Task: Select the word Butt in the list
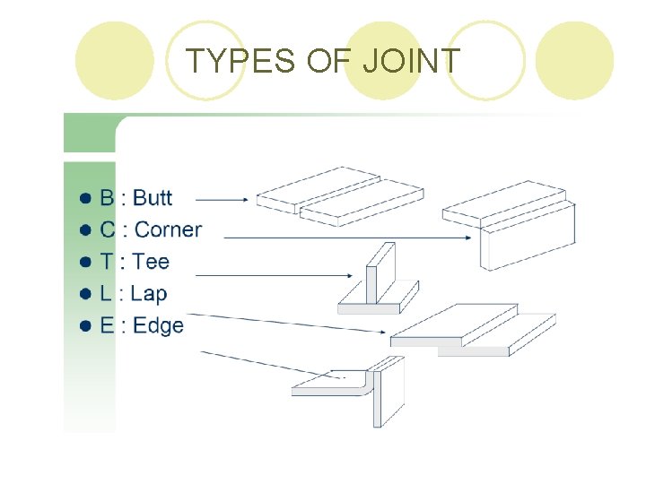coord(153,197)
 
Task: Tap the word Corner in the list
coord(168,229)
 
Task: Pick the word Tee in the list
coord(151,262)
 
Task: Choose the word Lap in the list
coord(149,293)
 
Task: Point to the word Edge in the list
coord(158,325)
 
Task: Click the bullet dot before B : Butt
coord(85,198)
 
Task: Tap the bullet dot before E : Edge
coord(85,326)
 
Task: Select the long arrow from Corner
coord(350,238)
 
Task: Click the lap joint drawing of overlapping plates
coord(471,331)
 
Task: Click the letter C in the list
coord(107,229)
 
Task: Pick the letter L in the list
coord(106,293)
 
